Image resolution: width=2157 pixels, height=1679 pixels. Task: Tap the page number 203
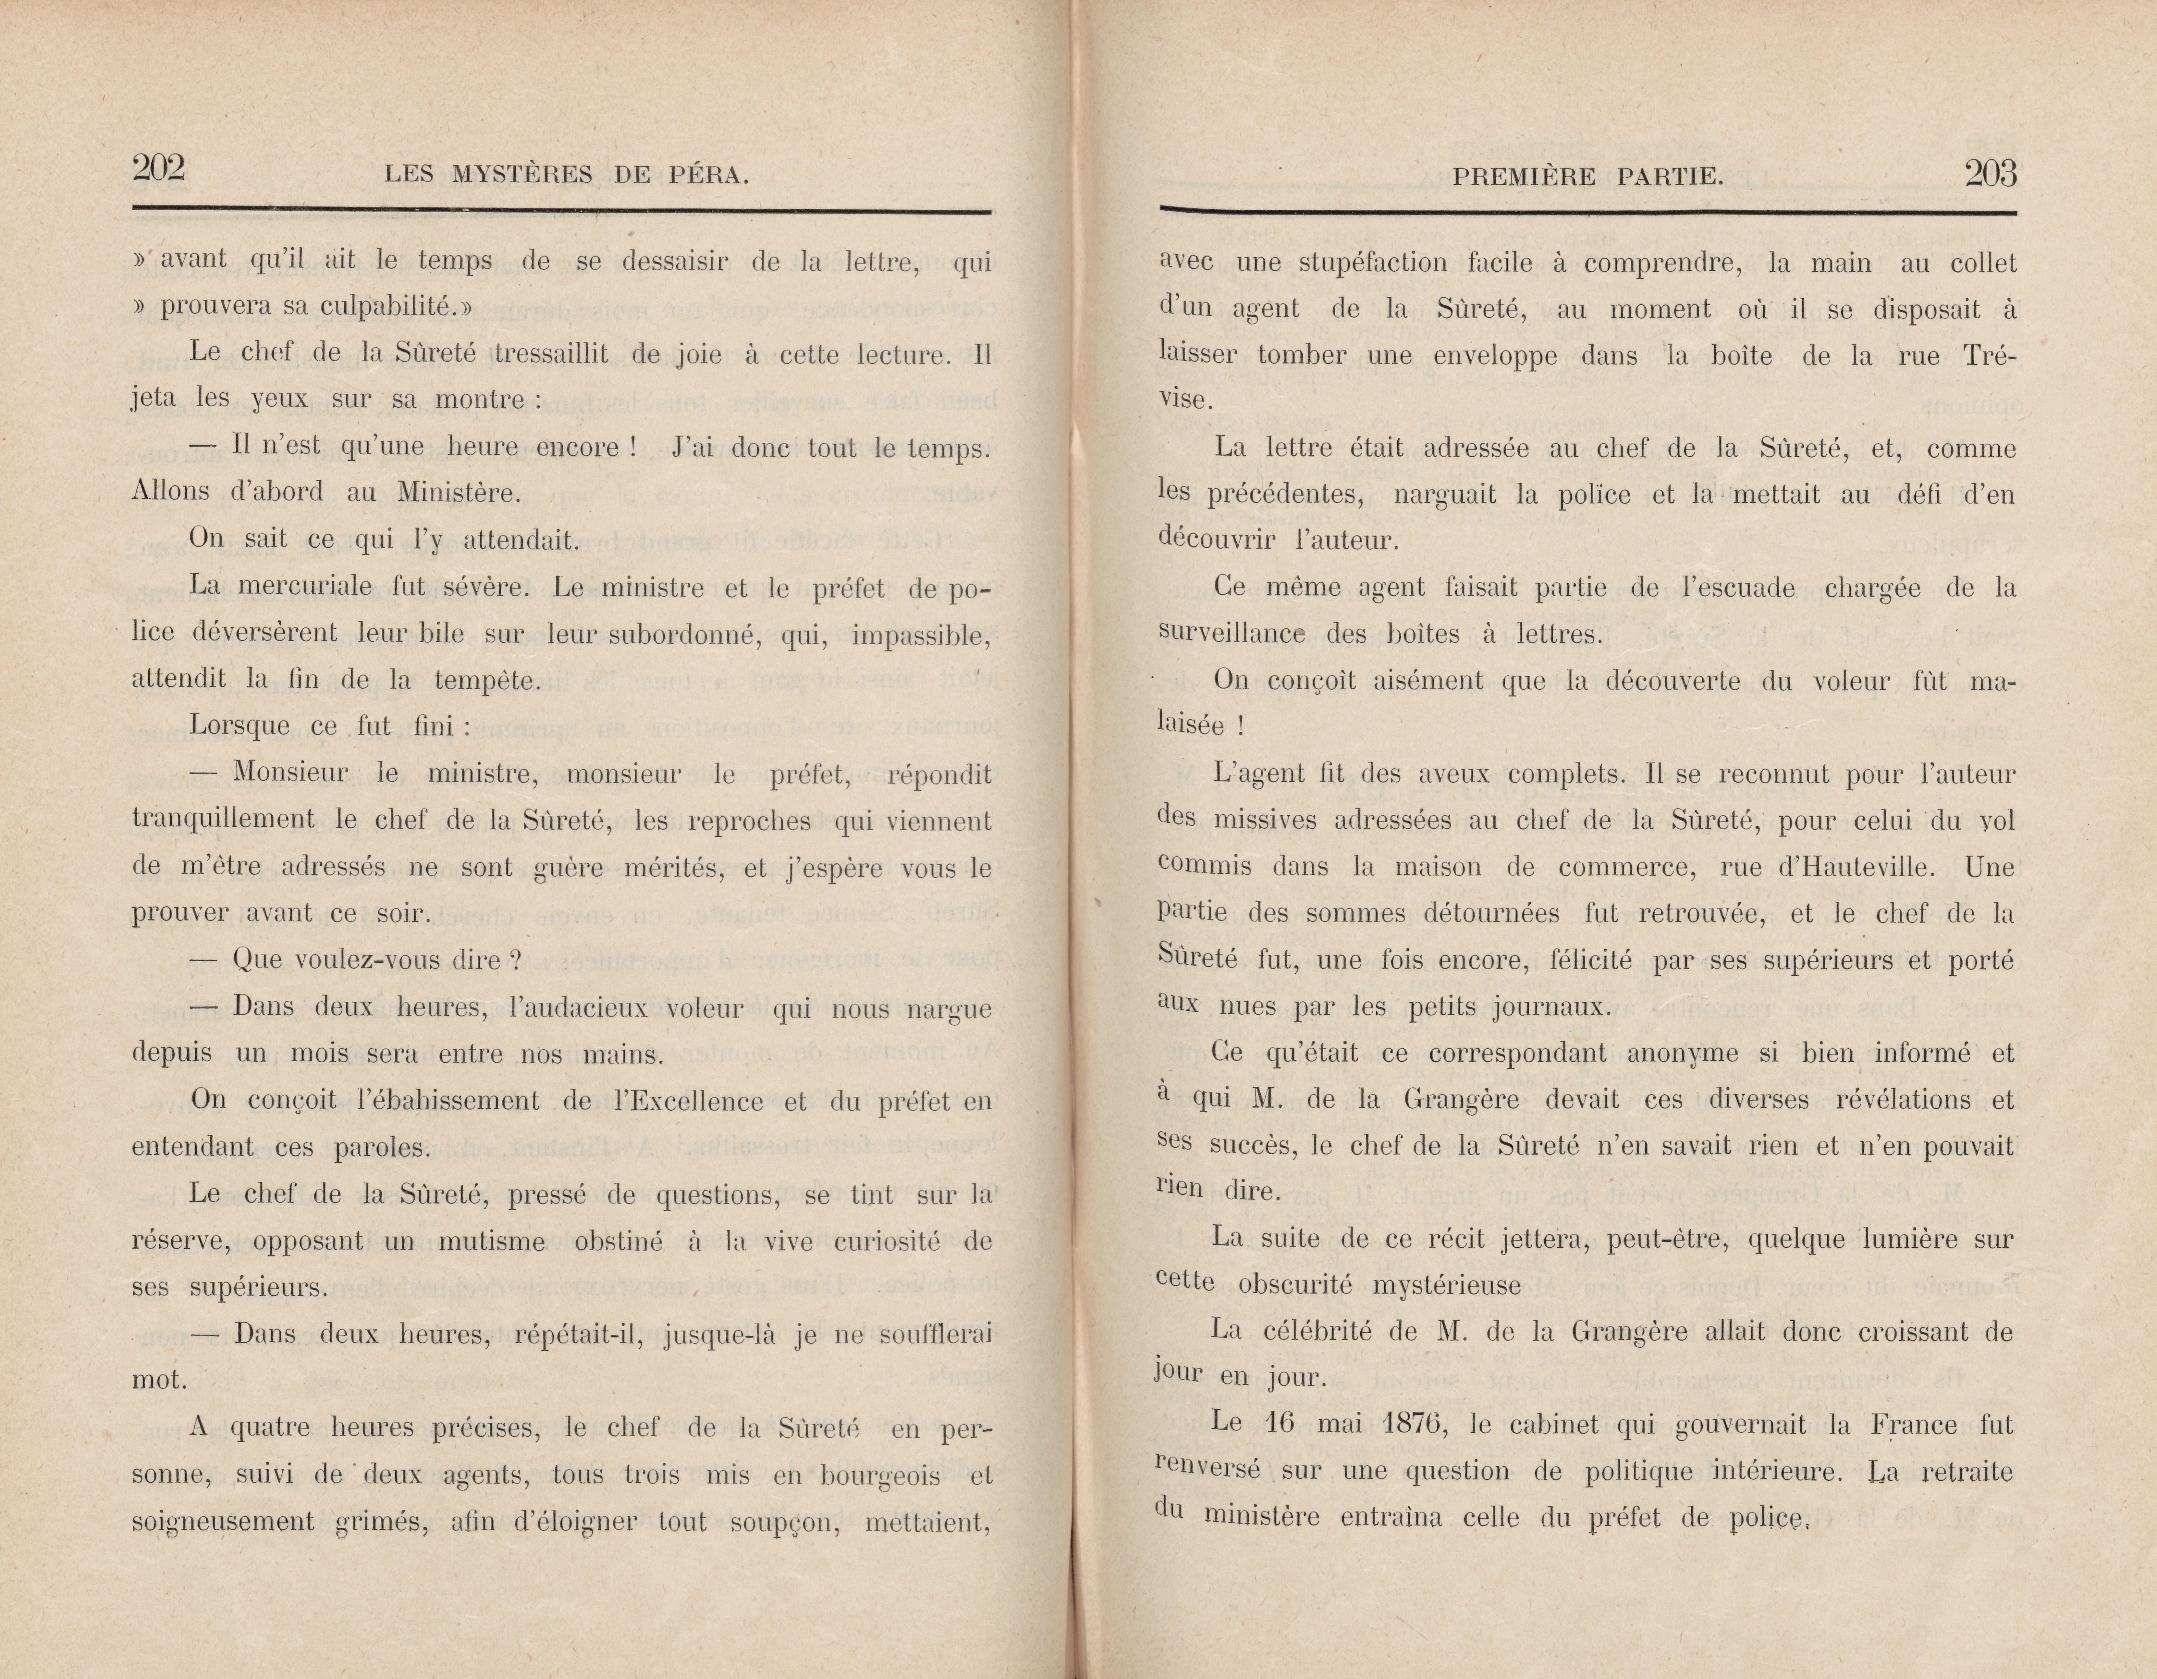pyautogui.click(x=1990, y=175)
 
